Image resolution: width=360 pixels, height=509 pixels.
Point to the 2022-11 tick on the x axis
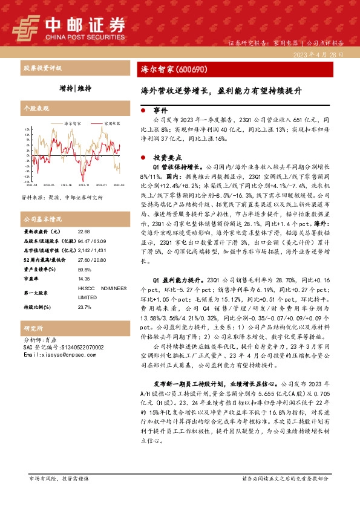click(83, 185)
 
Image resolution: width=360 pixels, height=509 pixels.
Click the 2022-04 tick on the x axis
click(31, 185)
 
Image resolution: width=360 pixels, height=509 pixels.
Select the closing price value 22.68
click(85, 232)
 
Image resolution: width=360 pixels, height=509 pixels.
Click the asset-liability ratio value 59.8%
click(85, 267)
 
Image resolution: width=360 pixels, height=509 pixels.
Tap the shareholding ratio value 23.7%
click(85, 308)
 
